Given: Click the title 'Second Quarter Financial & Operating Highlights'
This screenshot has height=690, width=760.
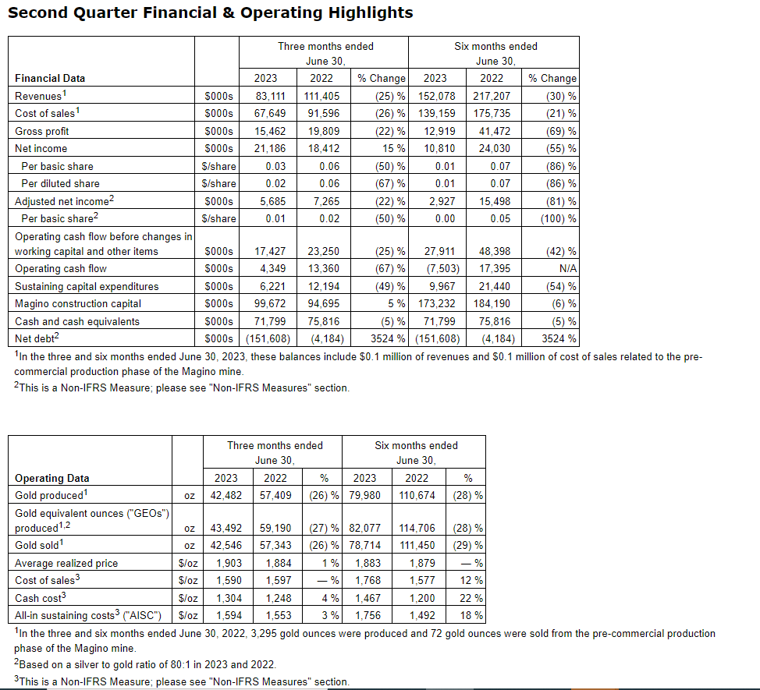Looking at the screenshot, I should [210, 12].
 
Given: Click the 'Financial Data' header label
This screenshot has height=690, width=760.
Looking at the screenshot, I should [50, 78].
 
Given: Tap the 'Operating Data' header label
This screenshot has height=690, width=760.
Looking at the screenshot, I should [52, 478].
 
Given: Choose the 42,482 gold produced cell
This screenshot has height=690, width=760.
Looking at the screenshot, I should [222, 495].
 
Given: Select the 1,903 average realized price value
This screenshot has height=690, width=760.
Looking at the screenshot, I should [226, 563].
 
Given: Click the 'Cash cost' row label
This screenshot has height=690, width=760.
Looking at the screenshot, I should [38, 598].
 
